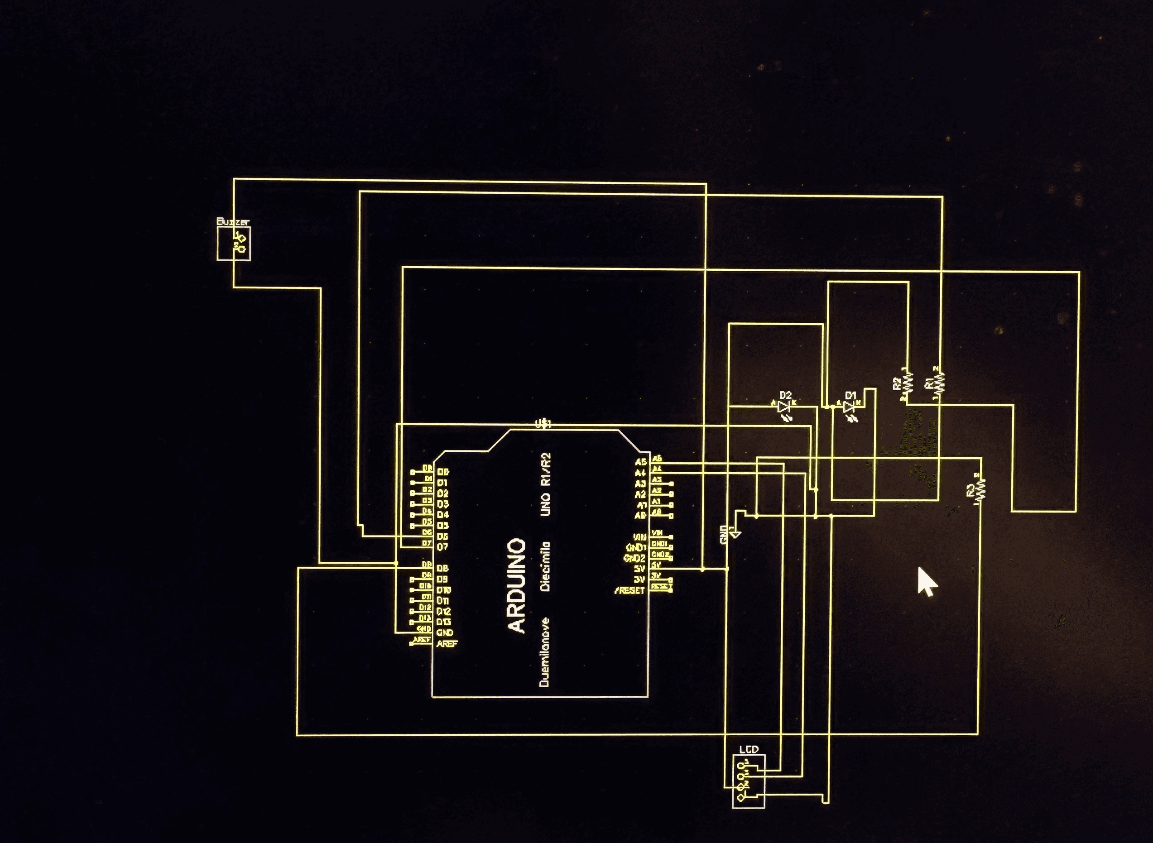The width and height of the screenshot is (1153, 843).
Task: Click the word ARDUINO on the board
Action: coord(517,585)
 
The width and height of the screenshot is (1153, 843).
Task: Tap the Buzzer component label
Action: coord(233,222)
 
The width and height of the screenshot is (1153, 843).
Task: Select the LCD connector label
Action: coord(749,750)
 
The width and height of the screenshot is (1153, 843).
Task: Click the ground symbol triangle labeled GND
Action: coord(735,534)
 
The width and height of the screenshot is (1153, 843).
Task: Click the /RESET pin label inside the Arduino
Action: coord(629,591)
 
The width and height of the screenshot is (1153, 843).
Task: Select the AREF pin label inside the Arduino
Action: coord(447,644)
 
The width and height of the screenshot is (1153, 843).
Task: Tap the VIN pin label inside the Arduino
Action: coord(639,537)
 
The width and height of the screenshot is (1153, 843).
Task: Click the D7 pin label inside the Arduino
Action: coord(442,547)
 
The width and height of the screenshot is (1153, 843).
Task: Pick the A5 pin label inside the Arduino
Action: coord(640,462)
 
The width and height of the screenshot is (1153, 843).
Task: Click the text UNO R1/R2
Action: coord(546,484)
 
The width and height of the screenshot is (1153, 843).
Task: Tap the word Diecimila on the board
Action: coord(546,566)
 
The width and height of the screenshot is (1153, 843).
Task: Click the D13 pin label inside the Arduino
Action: coord(443,622)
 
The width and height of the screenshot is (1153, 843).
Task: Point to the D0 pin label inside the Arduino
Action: coord(442,472)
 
